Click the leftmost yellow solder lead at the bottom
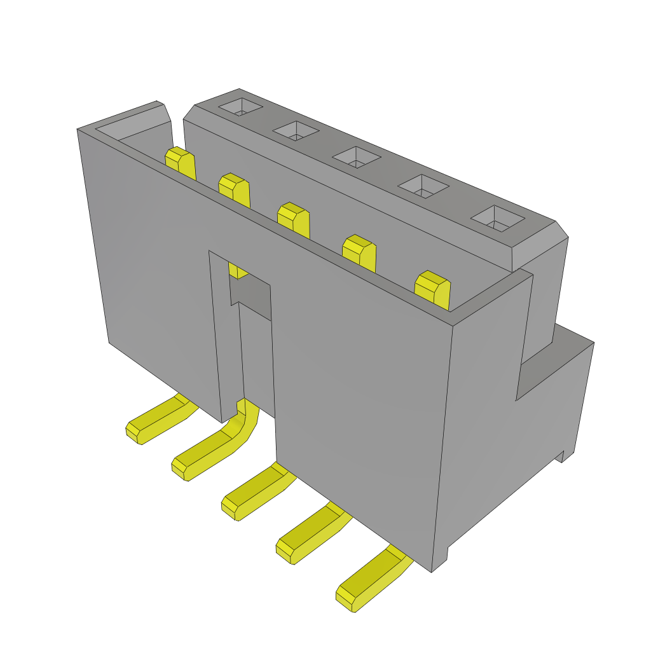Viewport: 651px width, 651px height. (156, 422)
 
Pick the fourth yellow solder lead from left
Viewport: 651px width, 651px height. (308, 534)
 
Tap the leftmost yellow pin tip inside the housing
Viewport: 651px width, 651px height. (180, 162)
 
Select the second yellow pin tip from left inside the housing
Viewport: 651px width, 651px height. (234, 189)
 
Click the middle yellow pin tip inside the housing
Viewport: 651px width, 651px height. (293, 219)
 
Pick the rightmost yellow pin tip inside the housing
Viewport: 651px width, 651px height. (432, 289)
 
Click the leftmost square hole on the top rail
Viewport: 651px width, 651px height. (240, 107)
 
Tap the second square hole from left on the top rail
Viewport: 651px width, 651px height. (296, 131)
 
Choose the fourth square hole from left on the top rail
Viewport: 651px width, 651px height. (423, 186)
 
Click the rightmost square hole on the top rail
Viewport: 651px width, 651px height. (497, 218)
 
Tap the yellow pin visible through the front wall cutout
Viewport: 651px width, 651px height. (236, 272)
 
